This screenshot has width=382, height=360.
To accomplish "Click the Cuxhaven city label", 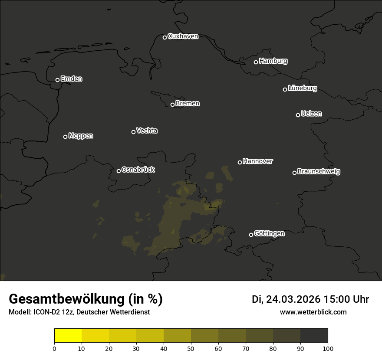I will (183, 36).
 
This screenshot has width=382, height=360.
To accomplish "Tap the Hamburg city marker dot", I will (256, 62).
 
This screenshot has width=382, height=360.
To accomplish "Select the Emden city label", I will (71, 79).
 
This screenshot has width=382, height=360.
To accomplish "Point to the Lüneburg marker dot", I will (285, 89).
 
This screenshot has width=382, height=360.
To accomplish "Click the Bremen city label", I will (188, 104).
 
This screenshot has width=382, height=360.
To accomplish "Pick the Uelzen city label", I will (311, 114).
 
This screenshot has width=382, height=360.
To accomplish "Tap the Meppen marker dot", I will (65, 137).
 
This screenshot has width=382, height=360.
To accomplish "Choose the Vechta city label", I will (147, 131).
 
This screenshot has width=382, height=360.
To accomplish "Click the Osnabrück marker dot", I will (119, 171).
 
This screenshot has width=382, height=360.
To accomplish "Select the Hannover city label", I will (258, 161).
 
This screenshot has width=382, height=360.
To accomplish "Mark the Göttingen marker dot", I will (251, 235).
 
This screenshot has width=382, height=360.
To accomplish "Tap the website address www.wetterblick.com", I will (313, 312).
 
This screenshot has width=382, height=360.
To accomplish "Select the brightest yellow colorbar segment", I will (68, 336).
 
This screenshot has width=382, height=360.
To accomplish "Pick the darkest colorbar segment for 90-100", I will (314, 336).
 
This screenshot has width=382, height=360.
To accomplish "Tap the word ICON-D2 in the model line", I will (45, 312).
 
